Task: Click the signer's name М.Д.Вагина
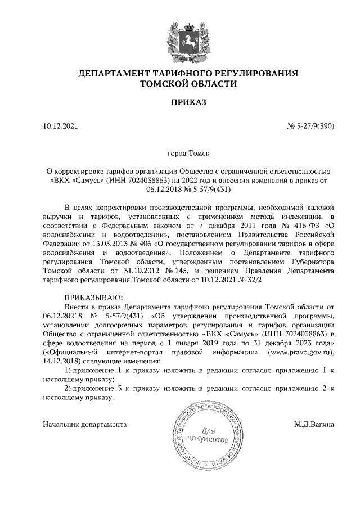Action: point(314,424)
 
